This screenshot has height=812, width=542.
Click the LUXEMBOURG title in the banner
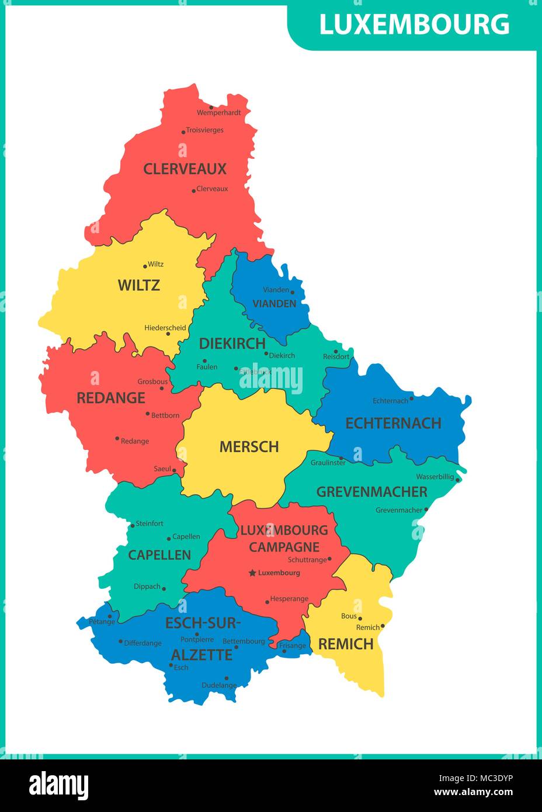pyautogui.click(x=414, y=25)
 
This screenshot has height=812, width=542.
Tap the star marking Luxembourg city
pyautogui.click(x=252, y=573)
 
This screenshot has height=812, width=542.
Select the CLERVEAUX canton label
pyautogui.click(x=185, y=169)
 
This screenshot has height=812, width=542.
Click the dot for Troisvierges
pyautogui.click(x=183, y=132)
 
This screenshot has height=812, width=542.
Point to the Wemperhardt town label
pyautogui.click(x=218, y=113)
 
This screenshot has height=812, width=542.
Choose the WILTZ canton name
pyautogui.click(x=138, y=285)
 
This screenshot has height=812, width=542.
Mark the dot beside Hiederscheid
pyautogui.click(x=168, y=334)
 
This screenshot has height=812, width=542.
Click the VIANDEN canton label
pyautogui.click(x=274, y=304)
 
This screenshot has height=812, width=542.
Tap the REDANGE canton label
pyautogui.click(x=111, y=398)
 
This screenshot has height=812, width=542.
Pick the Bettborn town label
pyautogui.click(x=165, y=415)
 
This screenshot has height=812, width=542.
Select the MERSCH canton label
pyautogui.click(x=249, y=447)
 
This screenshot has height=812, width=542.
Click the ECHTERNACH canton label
pyautogui.click(x=393, y=423)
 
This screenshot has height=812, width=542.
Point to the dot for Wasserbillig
pyautogui.click(x=458, y=480)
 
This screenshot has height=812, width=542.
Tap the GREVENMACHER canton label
pyautogui.click(x=372, y=492)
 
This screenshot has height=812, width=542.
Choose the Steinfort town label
pyautogui.click(x=150, y=523)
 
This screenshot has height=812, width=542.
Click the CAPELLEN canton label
pyautogui.click(x=159, y=555)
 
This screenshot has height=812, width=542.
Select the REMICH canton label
pyautogui.click(x=346, y=644)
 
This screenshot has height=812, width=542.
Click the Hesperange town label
pyautogui.click(x=289, y=599)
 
